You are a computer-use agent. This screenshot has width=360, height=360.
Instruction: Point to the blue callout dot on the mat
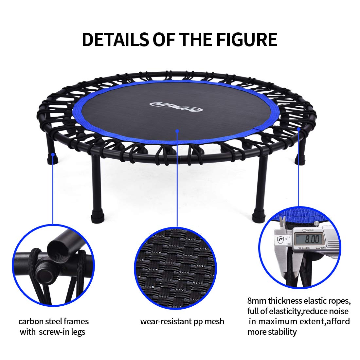coord(177,131)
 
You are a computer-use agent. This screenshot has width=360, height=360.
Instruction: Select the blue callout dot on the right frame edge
coord(298,129)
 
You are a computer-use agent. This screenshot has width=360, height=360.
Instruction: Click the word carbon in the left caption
coord(31,321)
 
